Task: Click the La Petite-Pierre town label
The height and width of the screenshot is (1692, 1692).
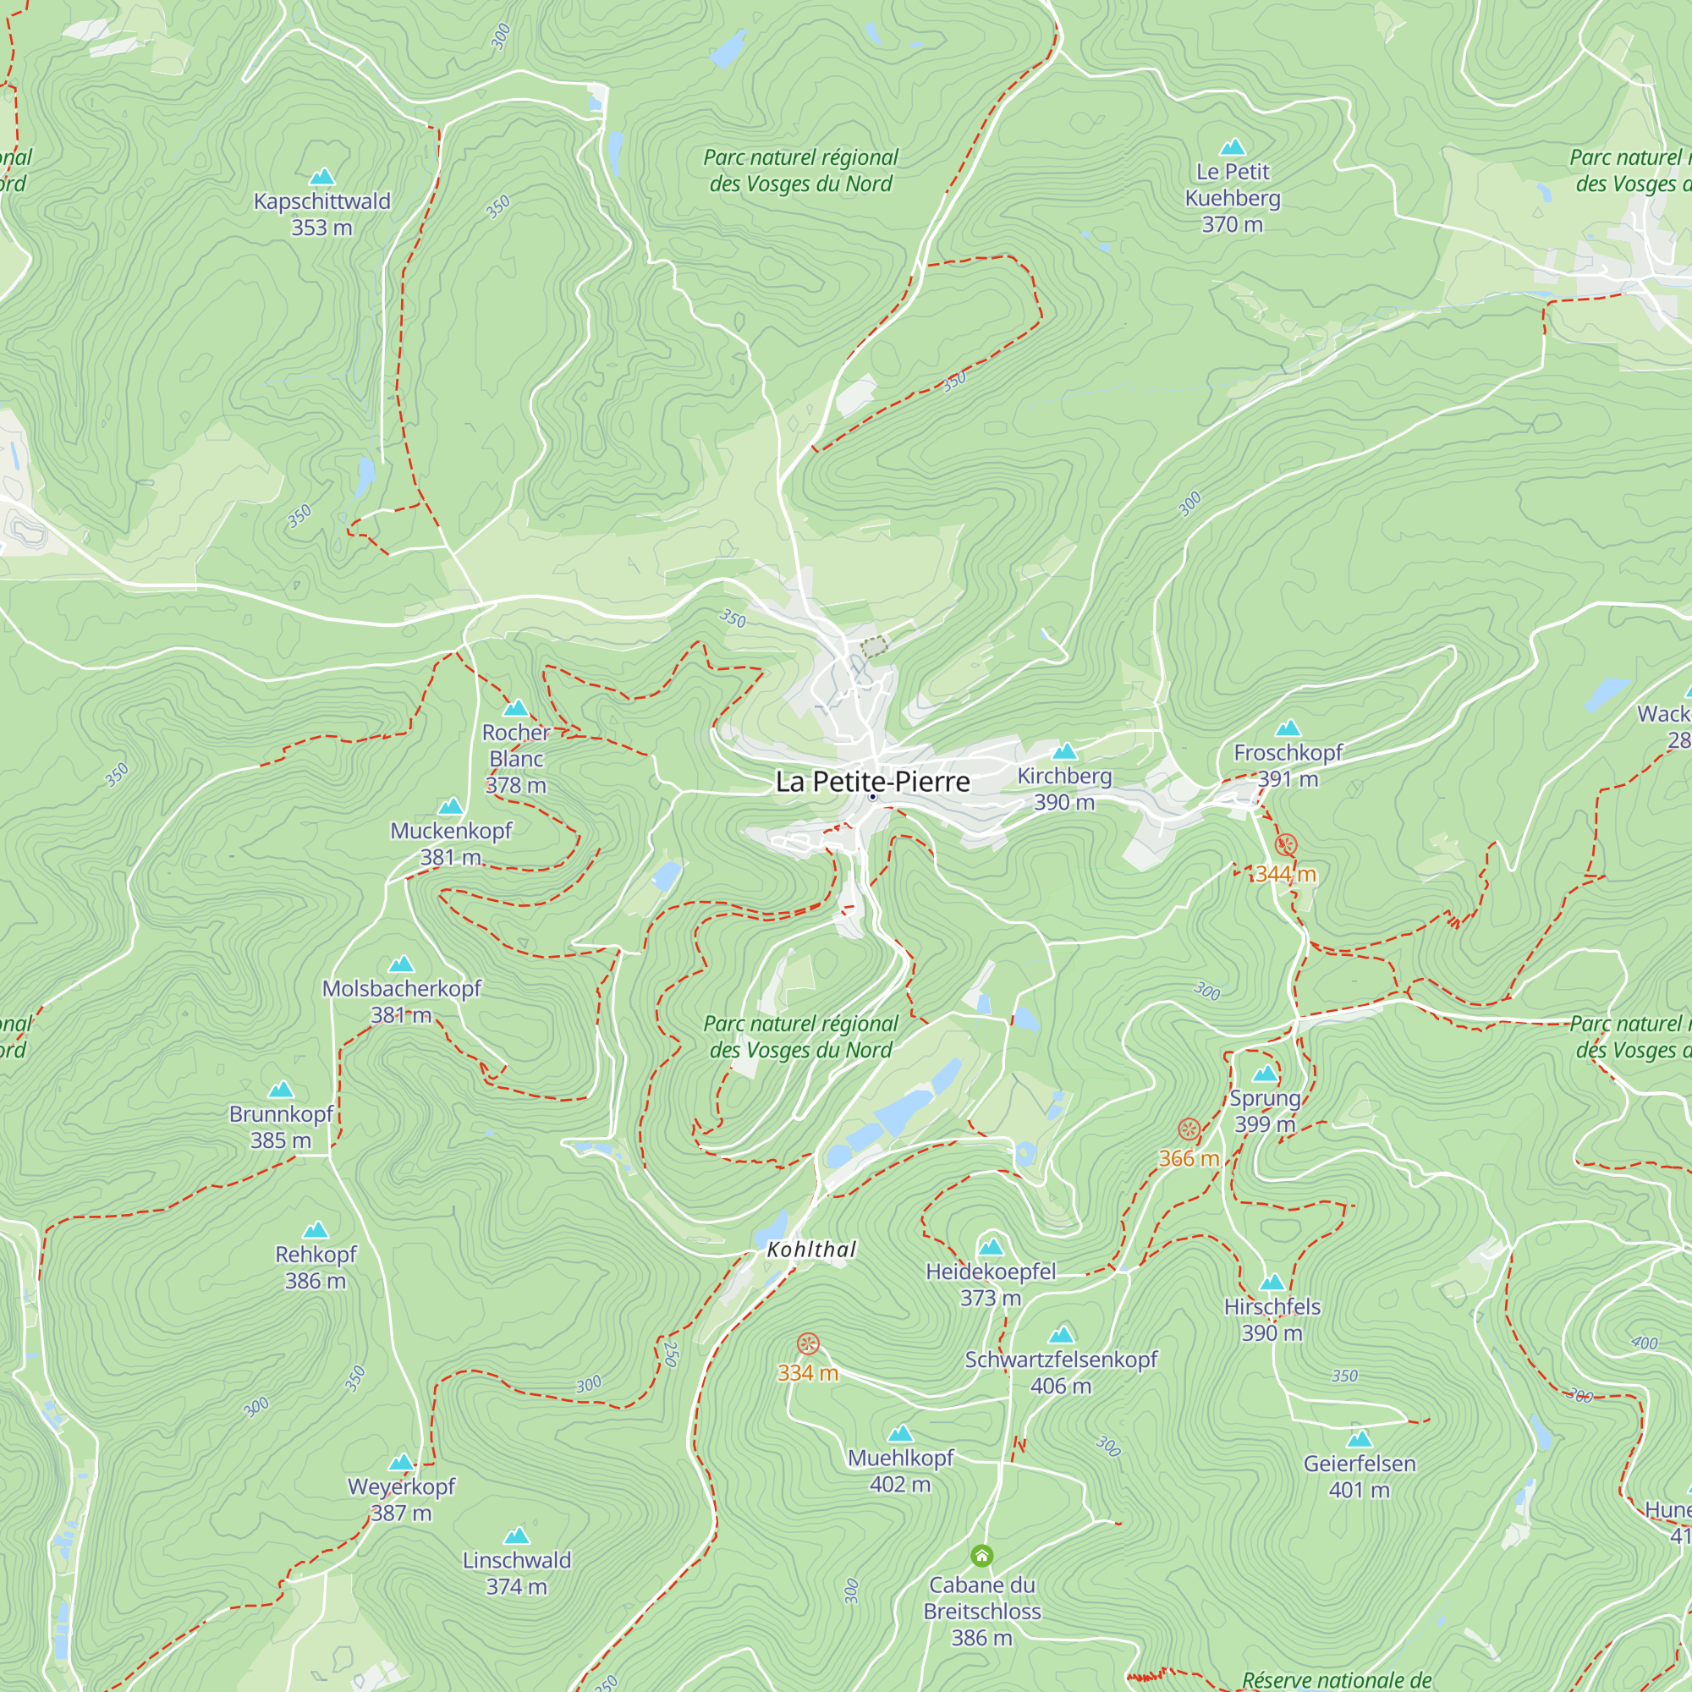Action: click(x=872, y=781)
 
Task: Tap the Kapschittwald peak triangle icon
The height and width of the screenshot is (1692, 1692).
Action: click(x=322, y=177)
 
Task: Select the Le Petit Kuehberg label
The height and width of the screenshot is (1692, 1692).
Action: click(x=1233, y=197)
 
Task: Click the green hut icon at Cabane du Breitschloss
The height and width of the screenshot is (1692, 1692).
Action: click(x=981, y=1556)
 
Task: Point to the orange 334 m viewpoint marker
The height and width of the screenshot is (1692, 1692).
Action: click(x=807, y=1343)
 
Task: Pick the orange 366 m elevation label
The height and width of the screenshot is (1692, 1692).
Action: click(x=1189, y=1158)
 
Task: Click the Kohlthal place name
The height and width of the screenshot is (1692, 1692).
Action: click(x=811, y=1250)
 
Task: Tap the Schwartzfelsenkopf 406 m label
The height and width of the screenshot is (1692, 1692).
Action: click(x=1061, y=1372)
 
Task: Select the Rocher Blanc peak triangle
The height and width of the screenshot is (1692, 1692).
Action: click(x=516, y=707)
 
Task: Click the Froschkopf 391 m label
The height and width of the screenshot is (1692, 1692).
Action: click(x=1288, y=765)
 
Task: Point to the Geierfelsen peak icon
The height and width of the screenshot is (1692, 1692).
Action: click(x=1360, y=1439)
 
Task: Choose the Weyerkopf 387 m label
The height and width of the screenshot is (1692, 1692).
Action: click(x=401, y=1499)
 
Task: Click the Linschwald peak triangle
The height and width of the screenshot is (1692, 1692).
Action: click(x=517, y=1535)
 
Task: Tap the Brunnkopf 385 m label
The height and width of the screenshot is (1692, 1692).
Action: click(x=281, y=1127)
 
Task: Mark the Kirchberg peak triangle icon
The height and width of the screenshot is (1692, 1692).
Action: click(x=1064, y=751)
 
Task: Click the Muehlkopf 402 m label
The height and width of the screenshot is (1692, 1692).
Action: click(x=900, y=1470)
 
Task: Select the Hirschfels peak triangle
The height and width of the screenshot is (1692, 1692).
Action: click(x=1272, y=1283)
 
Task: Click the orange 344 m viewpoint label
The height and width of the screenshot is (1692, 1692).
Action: click(x=1285, y=874)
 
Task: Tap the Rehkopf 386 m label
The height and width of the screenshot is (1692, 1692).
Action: click(x=316, y=1267)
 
